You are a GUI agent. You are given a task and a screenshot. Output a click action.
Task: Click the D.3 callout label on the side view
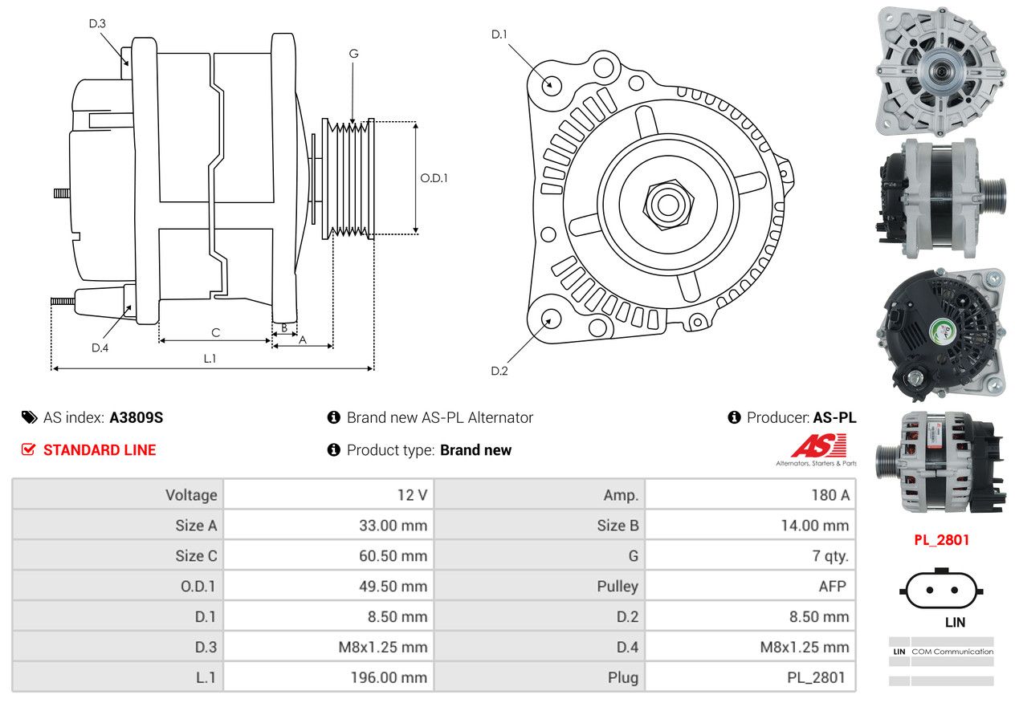[97, 23]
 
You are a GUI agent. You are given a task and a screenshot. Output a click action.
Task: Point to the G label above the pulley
[354, 54]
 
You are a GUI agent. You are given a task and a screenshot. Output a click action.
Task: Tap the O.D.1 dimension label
[434, 178]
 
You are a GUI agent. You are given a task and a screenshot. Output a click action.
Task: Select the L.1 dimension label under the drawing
[210, 359]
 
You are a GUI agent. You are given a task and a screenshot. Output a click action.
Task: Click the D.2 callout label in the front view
[499, 371]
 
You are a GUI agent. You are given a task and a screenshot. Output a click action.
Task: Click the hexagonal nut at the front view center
[668, 205]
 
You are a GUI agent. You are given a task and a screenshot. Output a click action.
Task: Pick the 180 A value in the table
[830, 494]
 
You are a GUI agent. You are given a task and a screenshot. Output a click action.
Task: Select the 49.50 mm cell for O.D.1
[393, 586]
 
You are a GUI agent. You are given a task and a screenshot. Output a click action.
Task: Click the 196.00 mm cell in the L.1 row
[389, 677]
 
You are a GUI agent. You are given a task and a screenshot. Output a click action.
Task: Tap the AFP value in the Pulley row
[832, 586]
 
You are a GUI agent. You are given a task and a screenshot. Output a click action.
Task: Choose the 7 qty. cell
[830, 556]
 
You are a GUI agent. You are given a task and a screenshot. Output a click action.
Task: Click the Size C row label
[196, 556]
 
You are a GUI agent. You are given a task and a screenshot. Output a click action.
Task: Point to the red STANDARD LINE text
[100, 449]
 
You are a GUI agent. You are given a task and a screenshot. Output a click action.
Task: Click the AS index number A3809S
[137, 417]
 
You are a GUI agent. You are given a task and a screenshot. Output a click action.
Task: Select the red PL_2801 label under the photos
[942, 539]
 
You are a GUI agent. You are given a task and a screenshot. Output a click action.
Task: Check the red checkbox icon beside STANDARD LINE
[28, 449]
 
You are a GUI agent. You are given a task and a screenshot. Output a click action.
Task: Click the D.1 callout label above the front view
[499, 35]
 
